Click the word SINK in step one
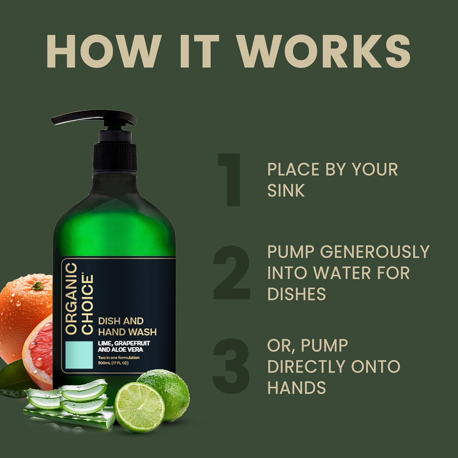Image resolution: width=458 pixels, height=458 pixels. pos(286,190)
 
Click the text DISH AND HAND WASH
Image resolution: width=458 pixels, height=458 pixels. pos(127,326)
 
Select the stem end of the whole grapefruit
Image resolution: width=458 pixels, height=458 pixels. pos(37,286)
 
